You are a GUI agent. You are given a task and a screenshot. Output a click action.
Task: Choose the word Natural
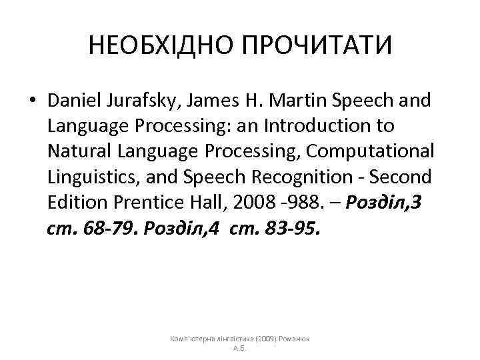tap(74, 151)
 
